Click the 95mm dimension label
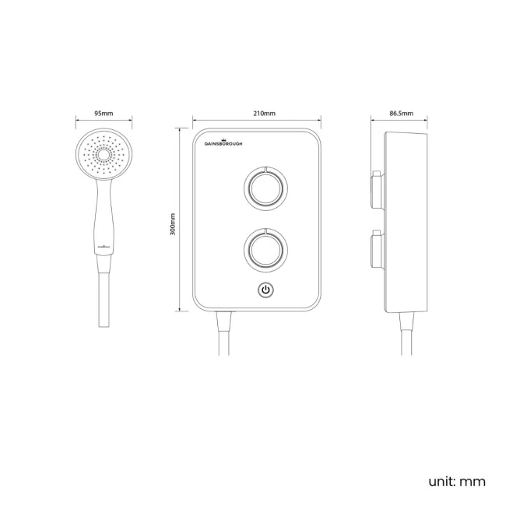(104, 114)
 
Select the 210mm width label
(264, 114)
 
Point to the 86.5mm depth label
(401, 114)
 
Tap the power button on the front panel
(265, 290)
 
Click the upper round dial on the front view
(265, 188)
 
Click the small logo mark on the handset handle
(102, 248)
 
